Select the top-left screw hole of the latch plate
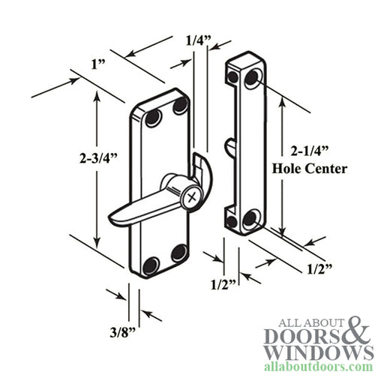click(x=152, y=118)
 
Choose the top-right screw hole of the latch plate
click(x=180, y=108)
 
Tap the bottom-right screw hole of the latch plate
click(x=178, y=253)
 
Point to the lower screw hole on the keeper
click(x=251, y=219)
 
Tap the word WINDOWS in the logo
click(x=313, y=351)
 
